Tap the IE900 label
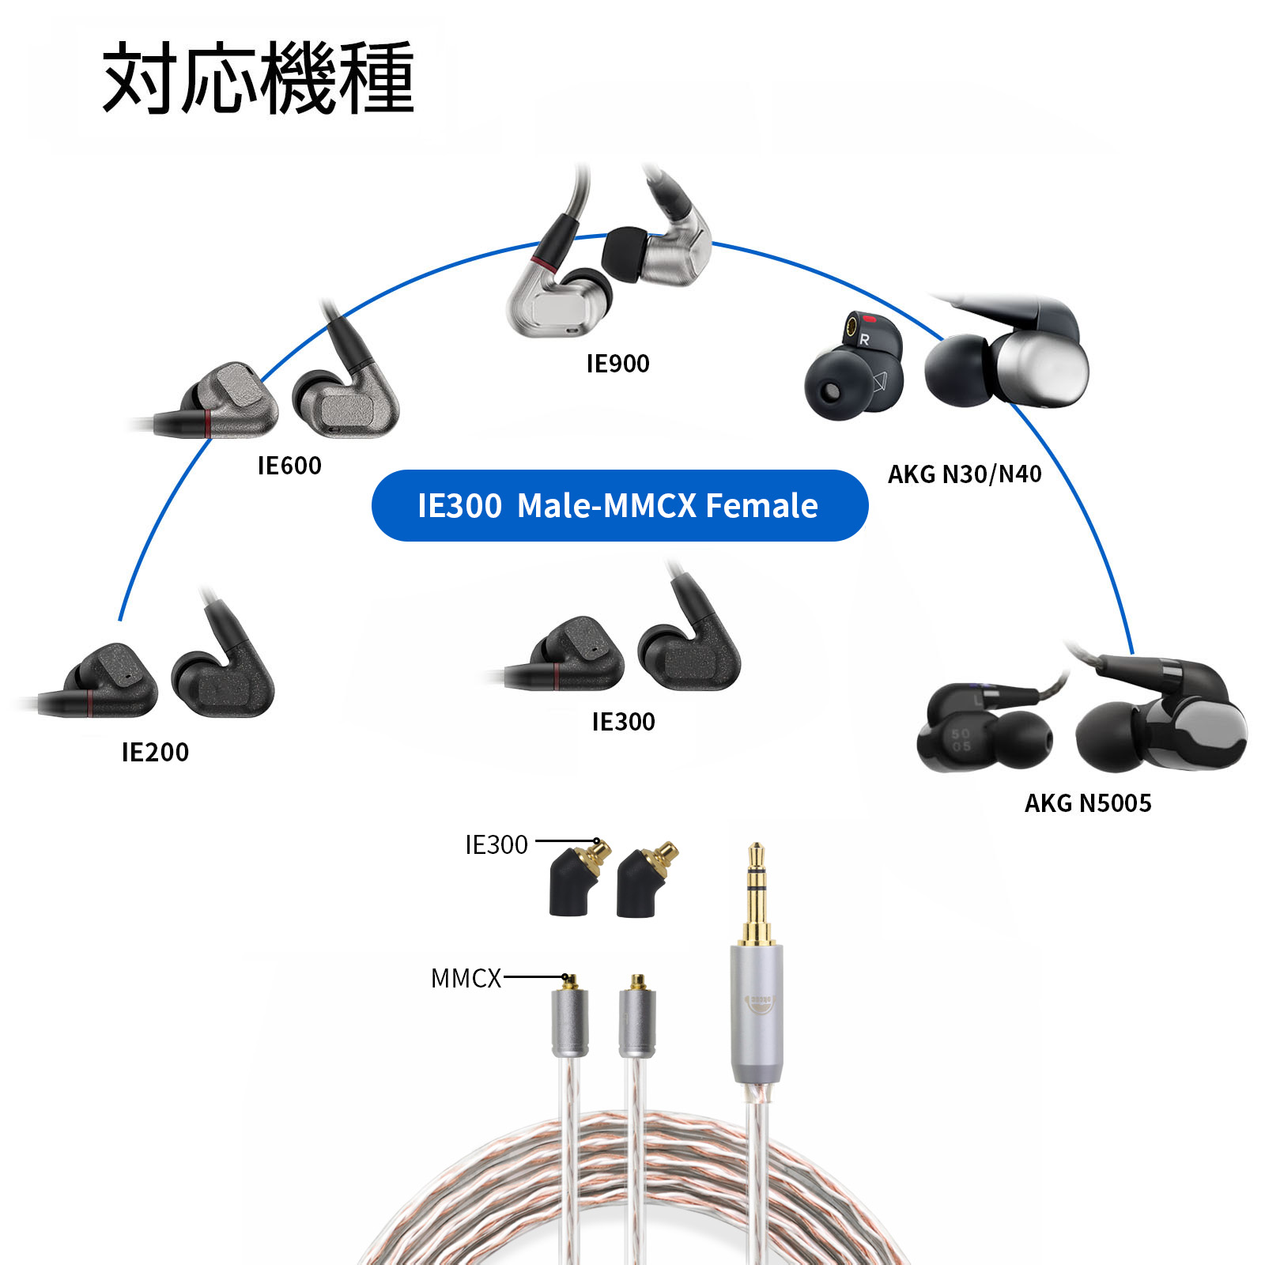pyautogui.click(x=617, y=364)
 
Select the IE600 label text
pyautogui.click(x=289, y=466)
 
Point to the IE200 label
pyautogui.click(x=155, y=752)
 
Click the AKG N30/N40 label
pyautogui.click(x=965, y=474)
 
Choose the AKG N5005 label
pyautogui.click(x=1088, y=803)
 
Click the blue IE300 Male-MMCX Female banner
pyautogui.click(x=619, y=506)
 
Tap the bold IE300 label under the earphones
pyautogui.click(x=623, y=722)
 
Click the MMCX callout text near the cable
pyautogui.click(x=466, y=979)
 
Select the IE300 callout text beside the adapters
pyautogui.click(x=496, y=845)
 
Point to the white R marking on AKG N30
pyautogui.click(x=864, y=340)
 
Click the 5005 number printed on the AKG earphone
pyautogui.click(x=961, y=740)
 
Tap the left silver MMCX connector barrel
pyautogui.click(x=569, y=1023)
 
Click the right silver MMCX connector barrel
pyautogui.click(x=636, y=1023)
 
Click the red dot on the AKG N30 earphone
pyautogui.click(x=870, y=320)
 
